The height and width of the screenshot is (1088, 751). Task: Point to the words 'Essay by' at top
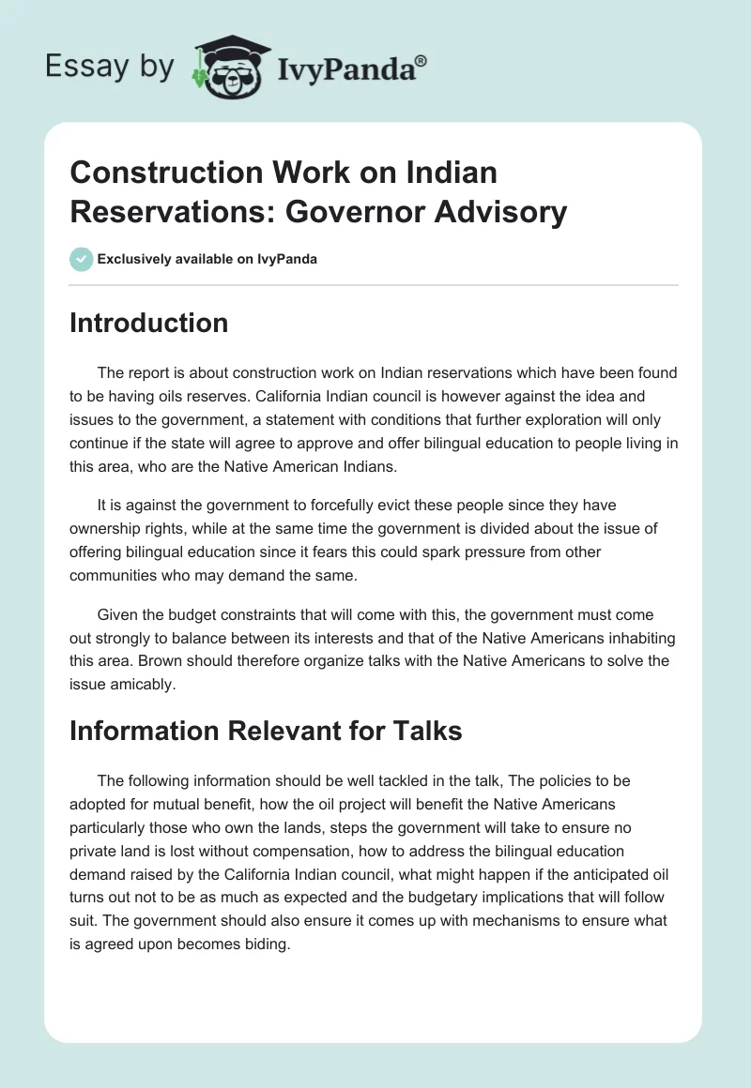(x=110, y=67)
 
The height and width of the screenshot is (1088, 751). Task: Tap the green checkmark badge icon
(x=81, y=259)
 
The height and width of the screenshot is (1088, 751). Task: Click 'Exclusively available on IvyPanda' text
(x=207, y=259)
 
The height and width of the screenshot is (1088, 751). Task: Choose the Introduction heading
(x=148, y=323)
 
